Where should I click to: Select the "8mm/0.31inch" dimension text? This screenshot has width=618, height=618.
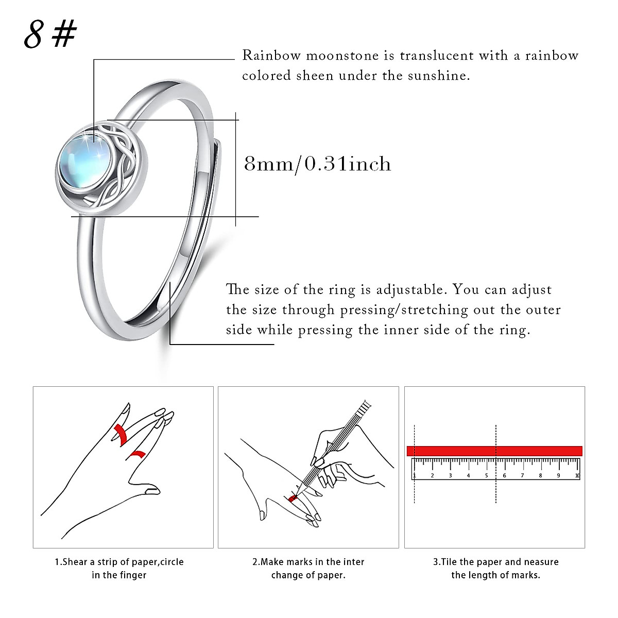click(317, 164)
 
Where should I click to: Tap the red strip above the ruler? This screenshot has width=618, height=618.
click(494, 451)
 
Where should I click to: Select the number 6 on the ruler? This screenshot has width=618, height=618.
click(504, 475)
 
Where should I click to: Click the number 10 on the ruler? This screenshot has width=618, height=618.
click(577, 475)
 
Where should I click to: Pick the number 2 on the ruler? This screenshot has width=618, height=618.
click(432, 475)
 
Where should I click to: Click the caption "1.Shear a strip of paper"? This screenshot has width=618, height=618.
click(119, 562)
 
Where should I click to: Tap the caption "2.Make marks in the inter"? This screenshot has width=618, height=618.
click(308, 562)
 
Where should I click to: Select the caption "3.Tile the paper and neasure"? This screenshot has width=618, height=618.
click(495, 562)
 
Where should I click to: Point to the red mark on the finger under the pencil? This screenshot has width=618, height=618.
click(293, 498)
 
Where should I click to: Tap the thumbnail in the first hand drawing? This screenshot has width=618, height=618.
click(152, 491)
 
